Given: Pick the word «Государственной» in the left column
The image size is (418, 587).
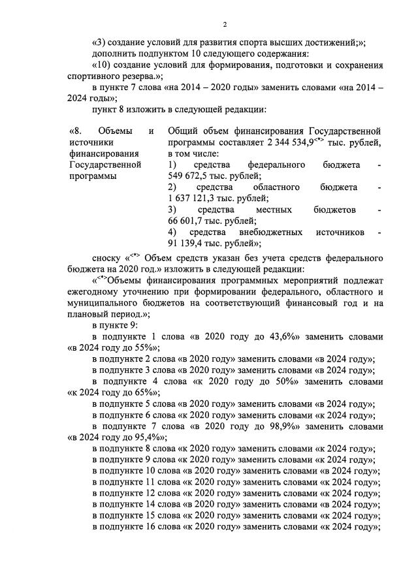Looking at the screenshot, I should coord(104,165).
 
